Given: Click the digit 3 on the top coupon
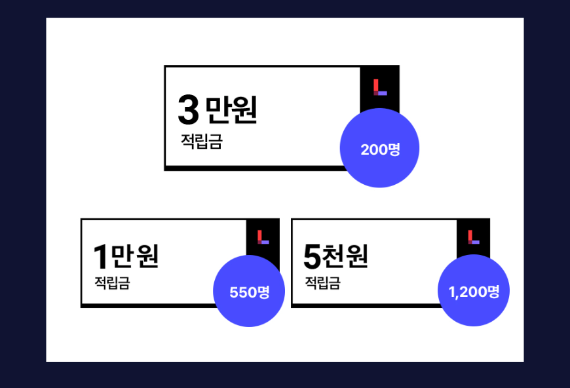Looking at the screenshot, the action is (x=188, y=110).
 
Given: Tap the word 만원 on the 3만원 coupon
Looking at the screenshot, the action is (x=231, y=110).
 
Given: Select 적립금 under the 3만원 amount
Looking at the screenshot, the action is (x=202, y=142).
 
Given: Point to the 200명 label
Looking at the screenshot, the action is (x=380, y=149).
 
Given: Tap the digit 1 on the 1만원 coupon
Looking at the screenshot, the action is (x=100, y=256).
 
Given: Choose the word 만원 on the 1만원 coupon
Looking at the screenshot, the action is (x=135, y=256).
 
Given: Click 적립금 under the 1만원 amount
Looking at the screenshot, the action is (x=112, y=283).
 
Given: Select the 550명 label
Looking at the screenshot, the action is (x=249, y=292).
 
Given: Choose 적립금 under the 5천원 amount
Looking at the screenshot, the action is (x=322, y=283).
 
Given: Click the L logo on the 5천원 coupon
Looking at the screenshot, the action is (x=474, y=237).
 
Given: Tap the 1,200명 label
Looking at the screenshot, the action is (x=474, y=292).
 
